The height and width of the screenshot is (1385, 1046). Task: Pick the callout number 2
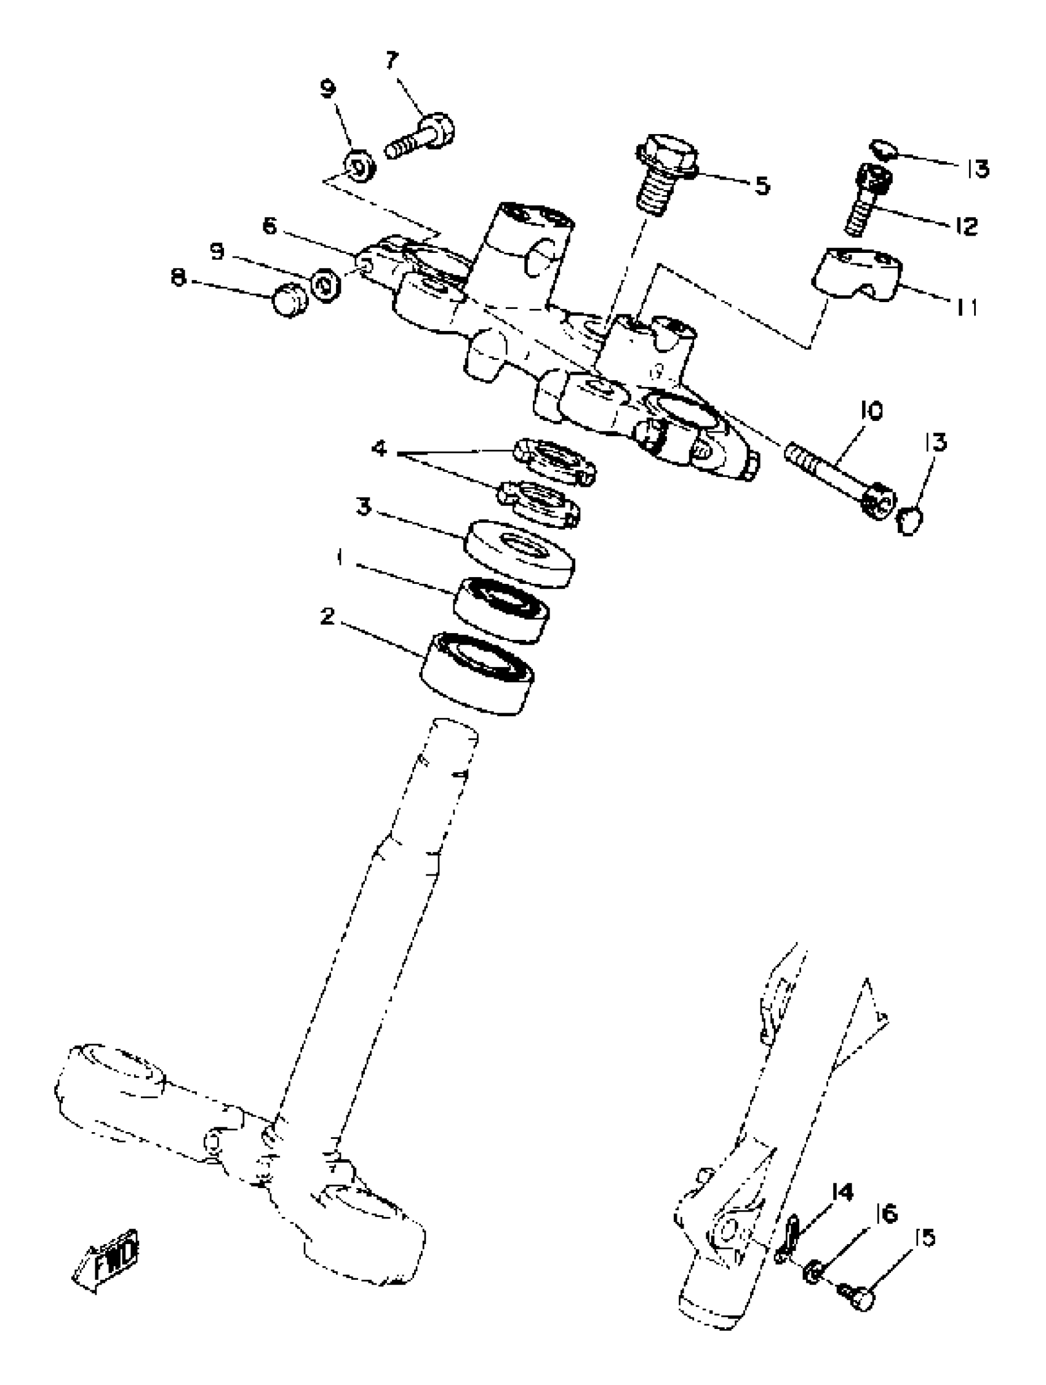click(x=327, y=617)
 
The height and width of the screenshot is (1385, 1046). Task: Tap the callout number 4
click(x=380, y=449)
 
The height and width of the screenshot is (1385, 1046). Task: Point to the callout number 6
click(x=269, y=226)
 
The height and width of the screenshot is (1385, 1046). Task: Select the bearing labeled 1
click(x=501, y=609)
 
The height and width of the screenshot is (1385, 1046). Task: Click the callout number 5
click(x=762, y=185)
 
